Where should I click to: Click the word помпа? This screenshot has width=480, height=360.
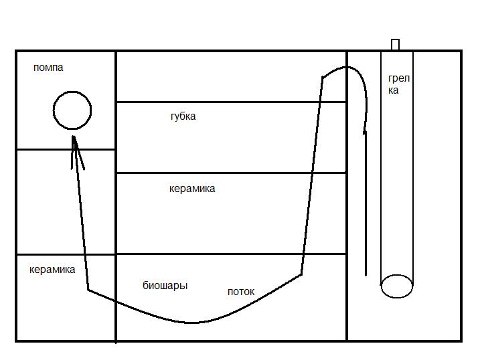coord(48,68)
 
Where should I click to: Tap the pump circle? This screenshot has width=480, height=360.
coord(72,110)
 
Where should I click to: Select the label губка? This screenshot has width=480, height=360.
coord(183,116)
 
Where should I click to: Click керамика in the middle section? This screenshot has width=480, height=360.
coord(192,189)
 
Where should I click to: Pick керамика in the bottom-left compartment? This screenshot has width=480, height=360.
coord(52,270)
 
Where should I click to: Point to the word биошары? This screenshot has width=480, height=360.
coord(165,286)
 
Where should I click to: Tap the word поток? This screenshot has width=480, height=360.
coord(241,292)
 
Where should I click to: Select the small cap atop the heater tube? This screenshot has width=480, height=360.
coord(395,45)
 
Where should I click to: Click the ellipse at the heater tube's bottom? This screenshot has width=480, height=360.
coord(396,286)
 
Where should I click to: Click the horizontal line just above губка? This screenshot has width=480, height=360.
coord(231,102)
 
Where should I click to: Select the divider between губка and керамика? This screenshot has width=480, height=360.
coord(231,173)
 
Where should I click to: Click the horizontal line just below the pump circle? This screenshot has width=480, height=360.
coord(66,150)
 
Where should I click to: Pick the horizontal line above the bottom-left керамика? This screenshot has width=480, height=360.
coord(66,254)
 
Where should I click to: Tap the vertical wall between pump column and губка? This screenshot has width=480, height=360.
coord(116,201)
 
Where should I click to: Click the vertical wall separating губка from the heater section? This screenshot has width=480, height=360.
coord(347,201)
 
